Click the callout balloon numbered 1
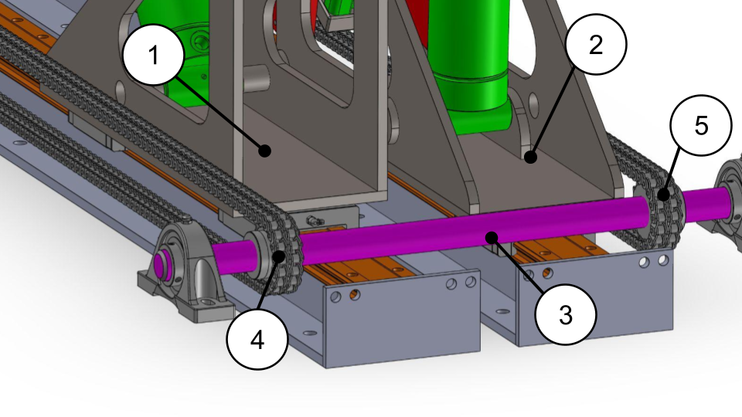coord(153,55)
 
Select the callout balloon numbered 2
coord(596,45)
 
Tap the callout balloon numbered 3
coord(566,314)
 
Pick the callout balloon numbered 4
coord(257,340)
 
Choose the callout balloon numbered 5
coord(701,125)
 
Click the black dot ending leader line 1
coord(265,151)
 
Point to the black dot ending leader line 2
coord(530,157)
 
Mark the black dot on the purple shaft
coord(492,237)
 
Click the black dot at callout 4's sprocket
coord(279,256)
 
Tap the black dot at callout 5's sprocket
coord(664,194)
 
